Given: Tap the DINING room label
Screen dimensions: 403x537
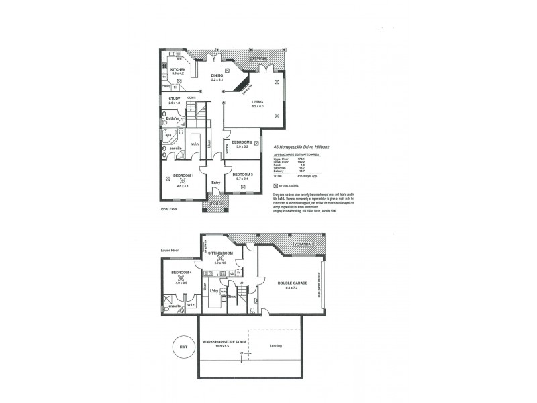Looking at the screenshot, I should (x=217, y=75).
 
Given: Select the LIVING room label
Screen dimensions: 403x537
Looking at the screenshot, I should (x=258, y=101).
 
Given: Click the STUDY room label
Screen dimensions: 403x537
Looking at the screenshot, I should (x=175, y=99).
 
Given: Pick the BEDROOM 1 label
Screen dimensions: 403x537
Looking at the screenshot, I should (x=183, y=175).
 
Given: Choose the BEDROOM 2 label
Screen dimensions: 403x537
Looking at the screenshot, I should (x=242, y=142).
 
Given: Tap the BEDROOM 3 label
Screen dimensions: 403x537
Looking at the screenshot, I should (x=242, y=175).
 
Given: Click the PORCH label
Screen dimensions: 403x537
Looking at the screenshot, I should (x=217, y=204).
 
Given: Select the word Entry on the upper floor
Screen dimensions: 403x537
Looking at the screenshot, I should (x=215, y=183).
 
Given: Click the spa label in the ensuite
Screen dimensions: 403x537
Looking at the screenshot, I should (x=169, y=134).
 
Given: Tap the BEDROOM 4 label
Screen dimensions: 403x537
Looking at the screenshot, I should (x=181, y=272).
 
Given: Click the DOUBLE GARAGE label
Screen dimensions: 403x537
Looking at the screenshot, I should (x=291, y=283).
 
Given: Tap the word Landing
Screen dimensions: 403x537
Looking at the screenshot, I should (x=275, y=347).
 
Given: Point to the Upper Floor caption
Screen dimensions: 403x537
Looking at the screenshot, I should (x=169, y=210).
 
